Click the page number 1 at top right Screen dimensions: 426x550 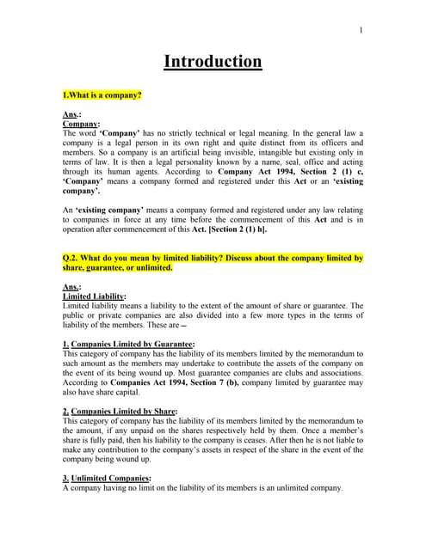(361, 31)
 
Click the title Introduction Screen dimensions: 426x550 (213, 62)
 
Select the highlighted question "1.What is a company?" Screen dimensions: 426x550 (102, 95)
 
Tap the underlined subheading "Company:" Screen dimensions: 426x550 (82, 124)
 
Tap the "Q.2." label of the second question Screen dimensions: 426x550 (74, 258)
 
